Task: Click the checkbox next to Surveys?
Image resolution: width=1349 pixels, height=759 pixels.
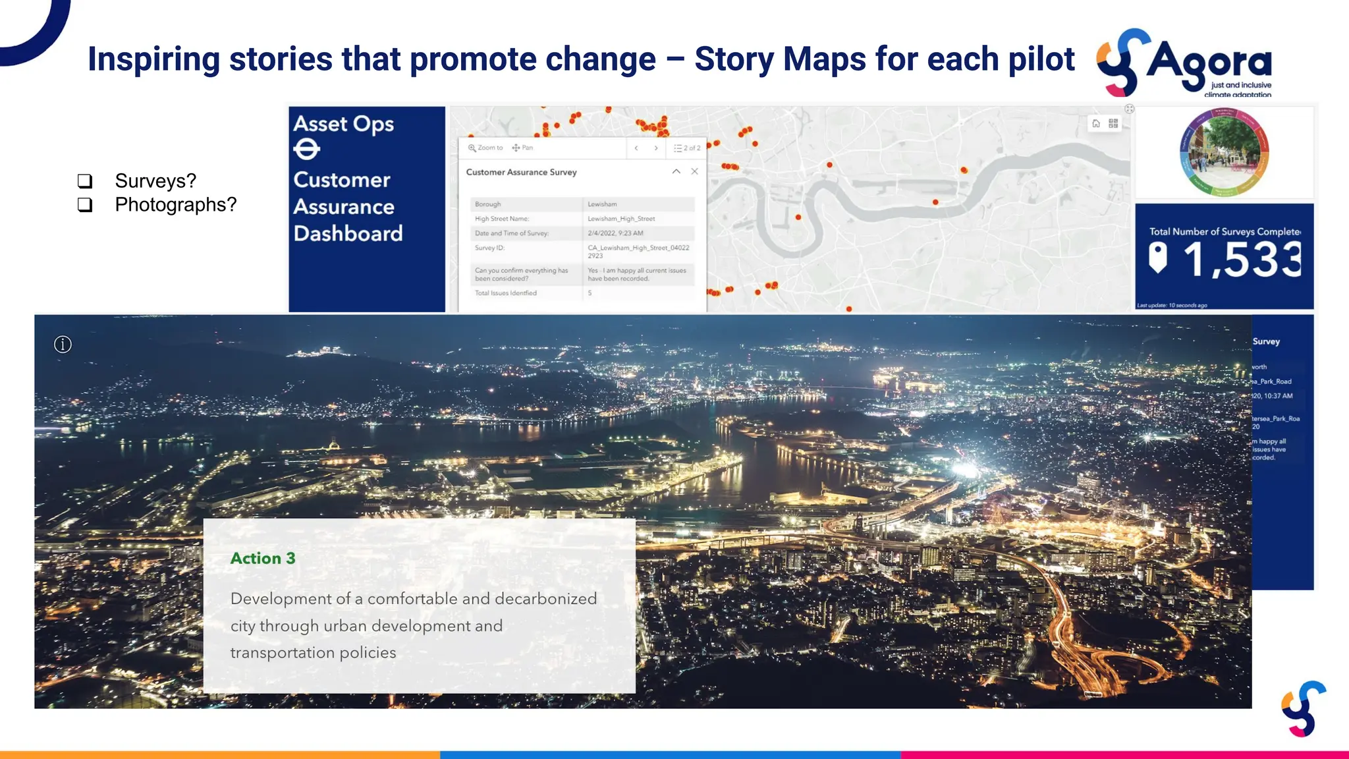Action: pos(85,181)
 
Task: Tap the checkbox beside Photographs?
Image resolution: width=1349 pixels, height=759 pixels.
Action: pos(85,205)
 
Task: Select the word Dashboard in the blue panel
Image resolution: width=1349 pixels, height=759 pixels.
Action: pos(348,234)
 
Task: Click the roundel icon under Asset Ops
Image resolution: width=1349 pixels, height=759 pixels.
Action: pos(306,150)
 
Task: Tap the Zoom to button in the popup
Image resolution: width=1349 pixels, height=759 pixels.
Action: pos(485,148)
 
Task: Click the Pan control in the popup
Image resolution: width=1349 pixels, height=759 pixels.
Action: pos(523,148)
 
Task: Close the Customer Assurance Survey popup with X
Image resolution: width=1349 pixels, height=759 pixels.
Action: pos(694,171)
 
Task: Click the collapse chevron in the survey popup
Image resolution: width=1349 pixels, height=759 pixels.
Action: pos(676,171)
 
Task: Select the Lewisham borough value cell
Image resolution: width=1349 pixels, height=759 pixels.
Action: pos(602,204)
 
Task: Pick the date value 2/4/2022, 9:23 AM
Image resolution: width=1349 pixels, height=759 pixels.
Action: pos(615,233)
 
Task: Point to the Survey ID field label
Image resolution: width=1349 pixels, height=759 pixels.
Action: pos(489,248)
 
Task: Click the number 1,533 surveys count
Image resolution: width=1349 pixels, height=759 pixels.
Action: pos(1241,260)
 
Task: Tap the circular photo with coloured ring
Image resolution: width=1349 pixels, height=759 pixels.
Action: pos(1224,153)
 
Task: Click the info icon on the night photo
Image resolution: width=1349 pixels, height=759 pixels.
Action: pos(63,345)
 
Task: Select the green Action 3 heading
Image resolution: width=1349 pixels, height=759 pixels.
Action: pos(263,559)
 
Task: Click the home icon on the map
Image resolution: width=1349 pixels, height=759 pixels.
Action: pos(1096,123)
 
